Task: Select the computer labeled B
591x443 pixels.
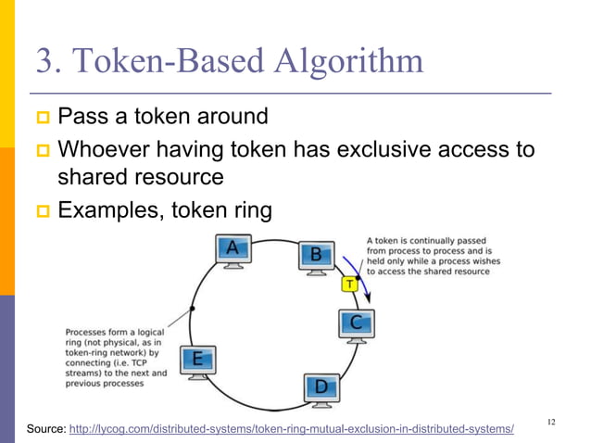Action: pos(316,257)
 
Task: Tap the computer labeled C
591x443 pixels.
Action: pos(357,324)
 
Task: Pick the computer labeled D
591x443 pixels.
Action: pos(321,386)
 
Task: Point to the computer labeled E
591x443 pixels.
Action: pos(197,361)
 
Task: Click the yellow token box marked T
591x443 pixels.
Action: pos(349,285)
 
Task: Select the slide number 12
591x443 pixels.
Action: pos(551,423)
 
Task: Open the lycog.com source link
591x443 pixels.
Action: pos(292,428)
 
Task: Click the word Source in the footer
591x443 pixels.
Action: pos(44,428)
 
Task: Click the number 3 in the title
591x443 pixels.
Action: pos(44,62)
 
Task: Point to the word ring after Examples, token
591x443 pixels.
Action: pos(248,211)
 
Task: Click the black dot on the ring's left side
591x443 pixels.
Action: pos(192,307)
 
